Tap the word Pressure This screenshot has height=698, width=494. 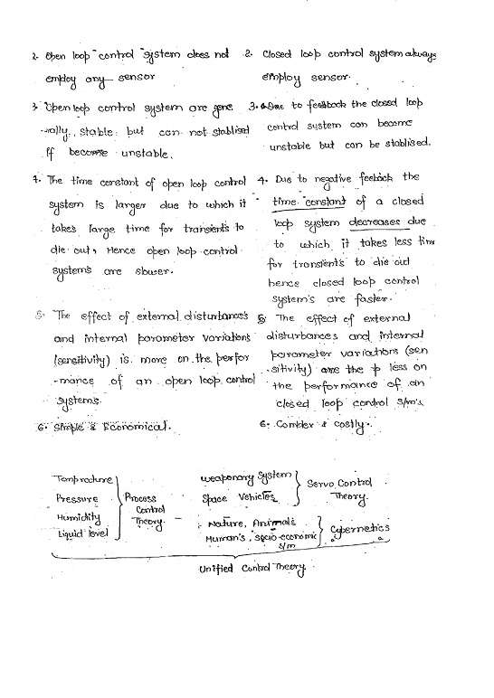pyautogui.click(x=78, y=497)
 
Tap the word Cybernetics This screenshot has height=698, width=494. pyautogui.click(x=360, y=528)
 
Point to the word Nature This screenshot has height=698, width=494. pyautogui.click(x=225, y=523)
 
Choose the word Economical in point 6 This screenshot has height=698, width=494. pyautogui.click(x=136, y=425)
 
